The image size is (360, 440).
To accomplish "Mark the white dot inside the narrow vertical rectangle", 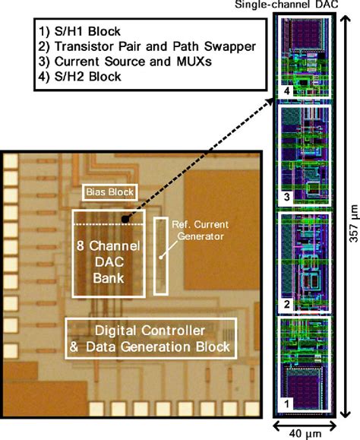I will coord(159,257).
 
